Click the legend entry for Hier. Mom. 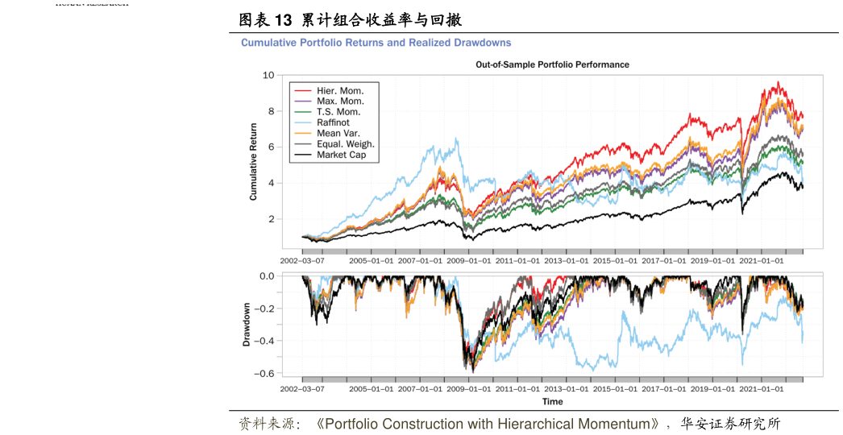(339, 91)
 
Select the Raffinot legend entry (333, 122)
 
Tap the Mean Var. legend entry (338, 133)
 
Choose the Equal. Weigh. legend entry (345, 144)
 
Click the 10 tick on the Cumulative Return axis (269, 75)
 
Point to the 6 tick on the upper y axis (272, 147)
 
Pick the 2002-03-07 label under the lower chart (302, 388)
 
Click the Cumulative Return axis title (253, 161)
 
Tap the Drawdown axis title (247, 325)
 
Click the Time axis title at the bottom (553, 401)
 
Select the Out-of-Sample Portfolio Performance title (552, 64)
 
